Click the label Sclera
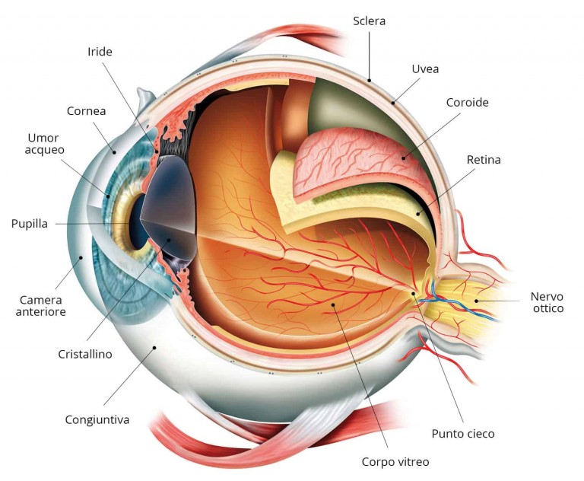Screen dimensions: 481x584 click(x=369, y=21)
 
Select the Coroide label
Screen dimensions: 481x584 click(x=467, y=102)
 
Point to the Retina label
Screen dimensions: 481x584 click(x=484, y=160)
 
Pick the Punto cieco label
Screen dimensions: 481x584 click(x=463, y=433)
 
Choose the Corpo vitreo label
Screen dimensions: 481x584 click(x=396, y=461)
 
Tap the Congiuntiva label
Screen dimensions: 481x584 click(x=97, y=419)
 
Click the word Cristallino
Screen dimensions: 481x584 click(x=85, y=354)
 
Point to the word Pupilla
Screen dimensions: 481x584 click(x=30, y=224)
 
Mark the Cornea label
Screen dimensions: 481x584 click(x=86, y=111)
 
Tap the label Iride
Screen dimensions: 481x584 click(x=100, y=52)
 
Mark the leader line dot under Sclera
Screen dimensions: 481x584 click(x=370, y=80)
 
